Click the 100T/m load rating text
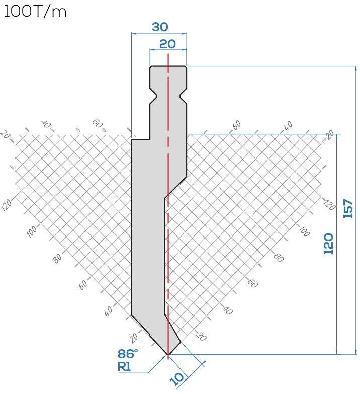pyautogui.click(x=35, y=12)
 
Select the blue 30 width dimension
pyautogui.click(x=160, y=27)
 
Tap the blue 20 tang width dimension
pyautogui.click(x=167, y=44)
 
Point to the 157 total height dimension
pyautogui.click(x=348, y=208)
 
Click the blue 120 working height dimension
pyautogui.click(x=328, y=244)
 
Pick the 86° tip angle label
pyautogui.click(x=128, y=354)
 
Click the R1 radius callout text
pyautogui.click(x=124, y=367)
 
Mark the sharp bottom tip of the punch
pyautogui.click(x=168, y=355)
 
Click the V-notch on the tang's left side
pyautogui.click(x=154, y=96)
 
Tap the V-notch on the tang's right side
pyautogui.click(x=183, y=96)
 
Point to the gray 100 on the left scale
pyautogui.click(x=32, y=231)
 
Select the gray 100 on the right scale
pyautogui.click(x=304, y=231)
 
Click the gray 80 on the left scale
pyautogui.click(x=57, y=258)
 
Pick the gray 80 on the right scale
pyautogui.click(x=278, y=257)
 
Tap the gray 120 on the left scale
pyautogui.click(x=6, y=204)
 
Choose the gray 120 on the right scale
pyautogui.click(x=329, y=205)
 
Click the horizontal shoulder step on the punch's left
pyautogui.click(x=141, y=140)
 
